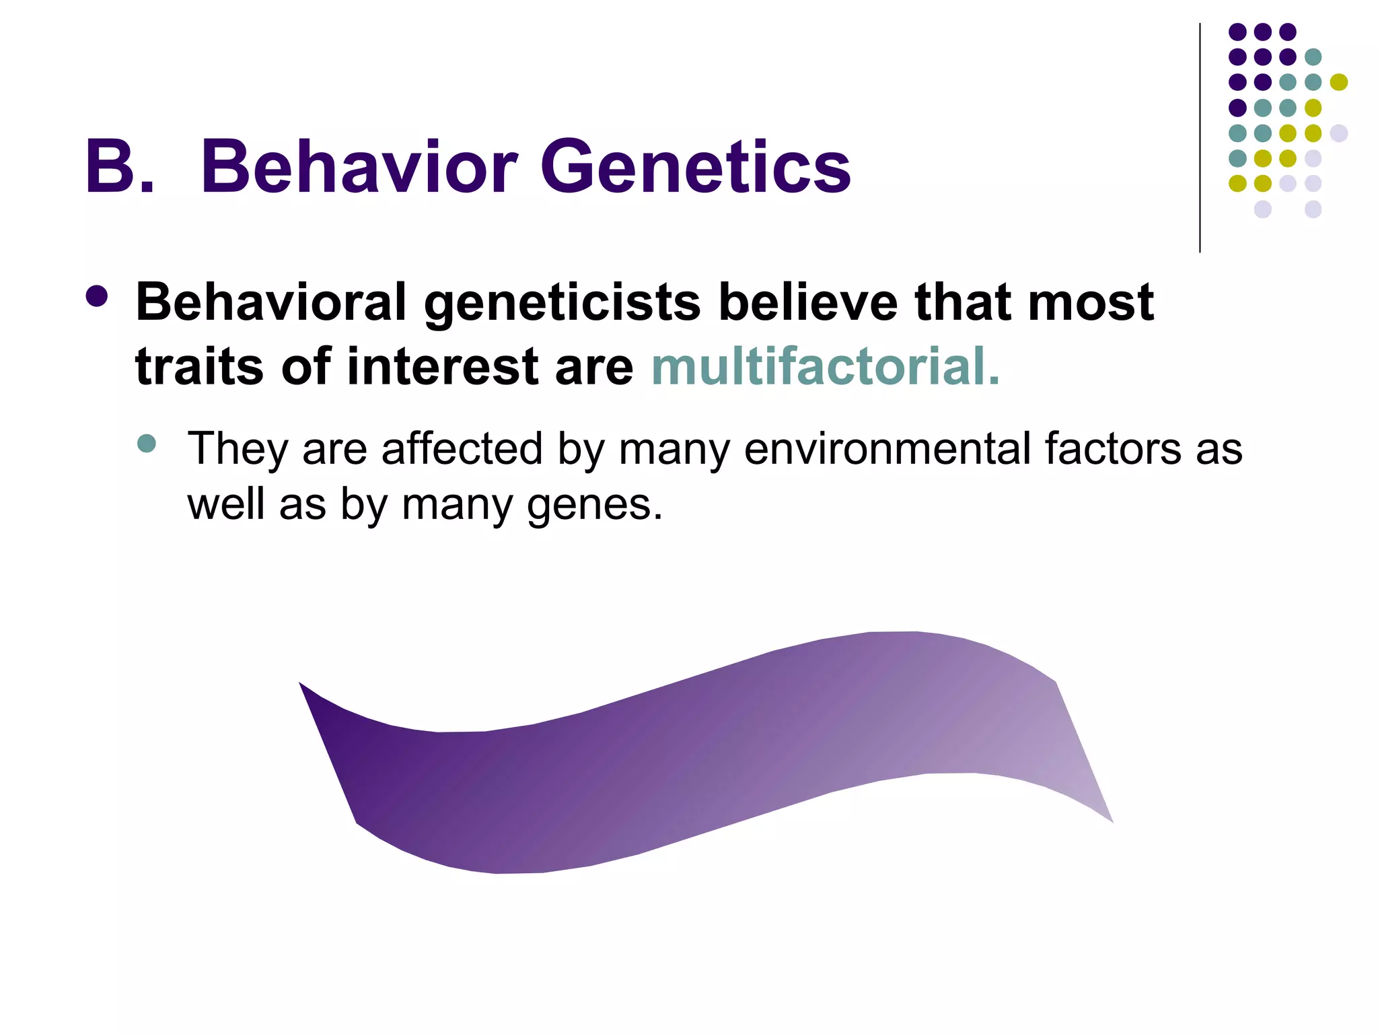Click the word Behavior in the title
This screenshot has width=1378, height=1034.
pyautogui.click(x=359, y=166)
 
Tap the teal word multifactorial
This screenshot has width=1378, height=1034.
pyautogui.click(x=825, y=367)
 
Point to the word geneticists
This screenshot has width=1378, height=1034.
pyautogui.click(x=563, y=302)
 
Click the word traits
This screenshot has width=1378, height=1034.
pyautogui.click(x=199, y=367)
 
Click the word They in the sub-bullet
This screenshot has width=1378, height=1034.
pyautogui.click(x=238, y=449)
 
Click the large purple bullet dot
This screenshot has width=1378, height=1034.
pyautogui.click(x=97, y=297)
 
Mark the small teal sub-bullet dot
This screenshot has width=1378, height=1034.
pyautogui.click(x=146, y=444)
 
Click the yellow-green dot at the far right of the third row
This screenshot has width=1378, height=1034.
pyautogui.click(x=1338, y=82)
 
